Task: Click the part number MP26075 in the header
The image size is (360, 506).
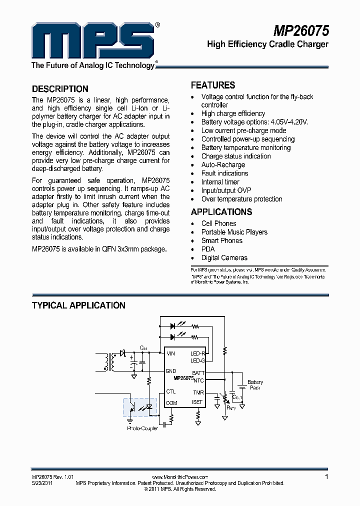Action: [x=301, y=31]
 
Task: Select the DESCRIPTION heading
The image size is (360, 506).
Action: [x=60, y=89]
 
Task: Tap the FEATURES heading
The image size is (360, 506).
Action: [x=213, y=85]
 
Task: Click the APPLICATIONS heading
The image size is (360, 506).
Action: [x=221, y=212]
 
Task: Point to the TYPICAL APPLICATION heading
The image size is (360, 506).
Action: [x=78, y=305]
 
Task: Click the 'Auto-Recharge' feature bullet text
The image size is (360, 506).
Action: [x=223, y=165]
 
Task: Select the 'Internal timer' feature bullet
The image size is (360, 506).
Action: [x=220, y=182]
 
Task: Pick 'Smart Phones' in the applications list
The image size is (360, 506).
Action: [x=221, y=240]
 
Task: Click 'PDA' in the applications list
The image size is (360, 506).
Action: [x=208, y=249]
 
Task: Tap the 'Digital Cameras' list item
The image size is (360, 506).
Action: [x=224, y=258]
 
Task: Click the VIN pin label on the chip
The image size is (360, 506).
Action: [x=171, y=353]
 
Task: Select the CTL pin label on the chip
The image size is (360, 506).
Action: [x=171, y=392]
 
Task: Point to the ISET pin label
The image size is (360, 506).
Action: [x=197, y=402]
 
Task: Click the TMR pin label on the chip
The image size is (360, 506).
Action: [x=198, y=392]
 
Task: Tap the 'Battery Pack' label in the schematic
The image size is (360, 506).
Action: [x=255, y=385]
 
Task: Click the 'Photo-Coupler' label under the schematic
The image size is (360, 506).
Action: [x=142, y=428]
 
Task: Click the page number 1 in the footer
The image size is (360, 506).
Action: [x=326, y=477]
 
